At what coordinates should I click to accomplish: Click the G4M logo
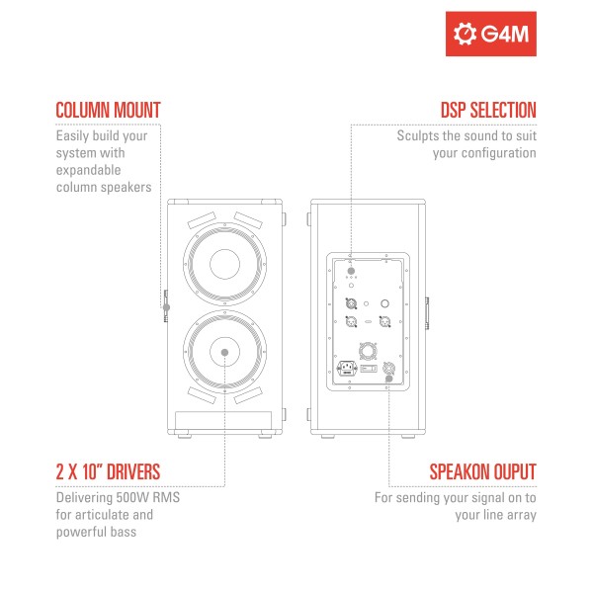(x=491, y=34)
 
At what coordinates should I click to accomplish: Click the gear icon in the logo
(x=465, y=34)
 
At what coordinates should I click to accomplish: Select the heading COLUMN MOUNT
(x=108, y=111)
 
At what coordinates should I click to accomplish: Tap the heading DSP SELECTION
(x=488, y=111)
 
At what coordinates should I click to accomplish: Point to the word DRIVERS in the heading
(x=133, y=472)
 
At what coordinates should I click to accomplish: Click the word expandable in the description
(x=89, y=171)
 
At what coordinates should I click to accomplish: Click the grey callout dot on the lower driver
(x=224, y=353)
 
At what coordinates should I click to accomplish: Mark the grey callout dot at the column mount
(x=166, y=307)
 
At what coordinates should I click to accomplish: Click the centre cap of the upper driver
(x=224, y=264)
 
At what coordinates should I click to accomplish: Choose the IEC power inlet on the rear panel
(x=347, y=369)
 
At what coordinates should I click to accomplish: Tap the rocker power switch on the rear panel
(x=369, y=368)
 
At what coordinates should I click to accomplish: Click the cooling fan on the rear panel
(x=368, y=351)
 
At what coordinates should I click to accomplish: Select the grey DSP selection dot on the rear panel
(x=351, y=271)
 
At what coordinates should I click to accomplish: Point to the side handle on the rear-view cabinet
(x=427, y=313)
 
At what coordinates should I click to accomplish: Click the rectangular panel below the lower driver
(x=223, y=421)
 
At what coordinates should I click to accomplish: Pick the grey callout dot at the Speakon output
(x=388, y=379)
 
